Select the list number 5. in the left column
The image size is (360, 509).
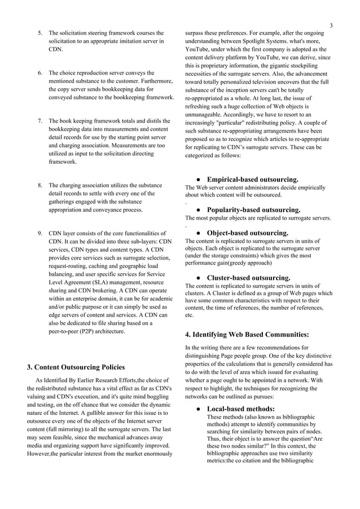(x=40, y=33)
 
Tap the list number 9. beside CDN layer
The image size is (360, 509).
(x=40, y=232)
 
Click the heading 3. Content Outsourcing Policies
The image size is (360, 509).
(x=76, y=368)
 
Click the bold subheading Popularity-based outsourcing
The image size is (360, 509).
(x=253, y=210)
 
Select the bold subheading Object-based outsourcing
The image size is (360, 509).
(x=248, y=232)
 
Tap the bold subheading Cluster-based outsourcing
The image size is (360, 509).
(x=249, y=278)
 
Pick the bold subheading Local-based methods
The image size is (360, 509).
(x=241, y=409)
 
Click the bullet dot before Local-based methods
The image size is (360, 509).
(x=199, y=409)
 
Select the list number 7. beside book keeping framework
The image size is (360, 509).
(x=40, y=121)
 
